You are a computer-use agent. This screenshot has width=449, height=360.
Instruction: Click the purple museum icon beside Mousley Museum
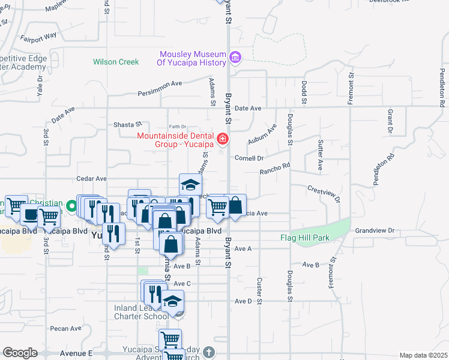click(235, 58)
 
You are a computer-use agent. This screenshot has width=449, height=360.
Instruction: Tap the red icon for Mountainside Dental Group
click(223, 139)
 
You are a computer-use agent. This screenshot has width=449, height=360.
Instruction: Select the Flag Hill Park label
click(305, 238)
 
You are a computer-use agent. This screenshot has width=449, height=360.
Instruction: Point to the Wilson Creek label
click(116, 62)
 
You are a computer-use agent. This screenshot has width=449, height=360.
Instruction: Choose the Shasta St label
click(127, 125)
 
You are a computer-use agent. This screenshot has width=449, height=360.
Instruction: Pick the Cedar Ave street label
click(91, 179)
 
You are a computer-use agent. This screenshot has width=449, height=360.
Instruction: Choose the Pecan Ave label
click(66, 328)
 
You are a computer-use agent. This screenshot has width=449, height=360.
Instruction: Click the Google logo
click(20, 353)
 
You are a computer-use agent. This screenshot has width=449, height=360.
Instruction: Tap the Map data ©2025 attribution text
click(424, 355)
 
